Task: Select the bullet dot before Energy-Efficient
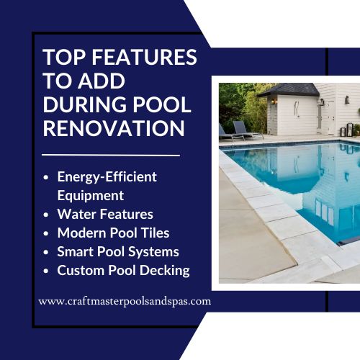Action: point(47,177)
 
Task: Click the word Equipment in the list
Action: point(91,195)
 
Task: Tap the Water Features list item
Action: point(105,215)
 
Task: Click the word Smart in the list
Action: point(75,252)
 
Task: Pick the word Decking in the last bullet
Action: point(165,271)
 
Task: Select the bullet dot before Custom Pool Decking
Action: point(47,271)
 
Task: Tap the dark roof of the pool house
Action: point(288,90)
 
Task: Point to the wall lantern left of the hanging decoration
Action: point(274,102)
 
